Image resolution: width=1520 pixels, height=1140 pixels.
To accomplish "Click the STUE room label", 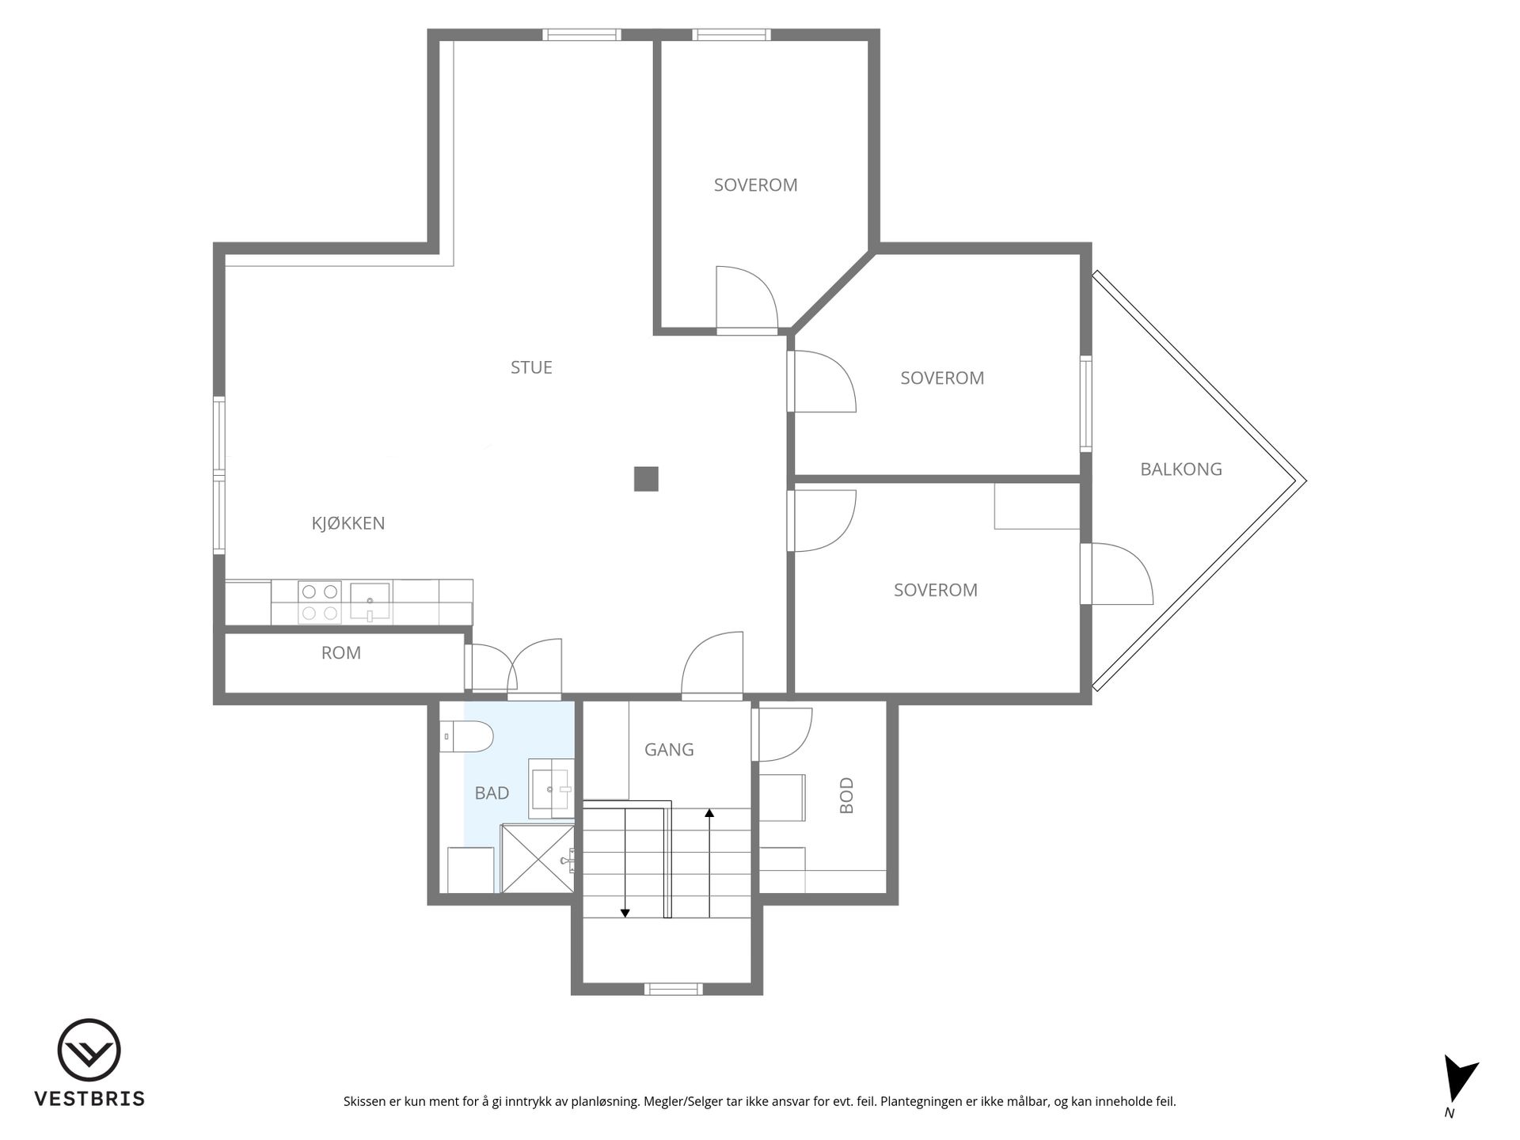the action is pos(531,367).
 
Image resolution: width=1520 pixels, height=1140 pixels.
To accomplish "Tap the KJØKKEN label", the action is pos(348,522).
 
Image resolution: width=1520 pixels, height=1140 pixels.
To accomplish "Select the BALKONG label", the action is pos(1181,469).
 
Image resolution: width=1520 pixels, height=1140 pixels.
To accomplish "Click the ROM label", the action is pos(341,652).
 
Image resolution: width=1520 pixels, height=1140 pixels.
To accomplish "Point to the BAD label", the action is pos(492,792).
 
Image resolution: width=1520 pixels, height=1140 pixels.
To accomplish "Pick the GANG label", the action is pos(669,749).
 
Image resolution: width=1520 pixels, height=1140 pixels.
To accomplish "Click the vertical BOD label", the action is pos(846,795).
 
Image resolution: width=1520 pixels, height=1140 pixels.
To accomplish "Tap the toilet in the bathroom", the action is pos(466,737).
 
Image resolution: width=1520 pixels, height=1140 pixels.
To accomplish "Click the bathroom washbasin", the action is pos(552,788).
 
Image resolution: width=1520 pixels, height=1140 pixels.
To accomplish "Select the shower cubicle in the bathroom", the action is pos(538,858).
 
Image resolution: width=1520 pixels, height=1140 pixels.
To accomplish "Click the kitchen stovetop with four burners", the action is pos(320,602).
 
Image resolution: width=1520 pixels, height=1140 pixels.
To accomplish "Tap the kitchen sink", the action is pos(370,602).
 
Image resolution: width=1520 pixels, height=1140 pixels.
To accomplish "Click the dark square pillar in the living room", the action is pos(646,479).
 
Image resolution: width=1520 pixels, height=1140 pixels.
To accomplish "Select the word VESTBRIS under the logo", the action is pos(89,1099).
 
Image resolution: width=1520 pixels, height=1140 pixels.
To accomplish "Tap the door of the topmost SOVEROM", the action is pos(747,298).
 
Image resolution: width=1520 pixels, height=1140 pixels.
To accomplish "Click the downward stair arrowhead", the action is pos(625,913).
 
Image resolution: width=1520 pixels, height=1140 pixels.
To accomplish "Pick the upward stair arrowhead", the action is pos(709,812).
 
